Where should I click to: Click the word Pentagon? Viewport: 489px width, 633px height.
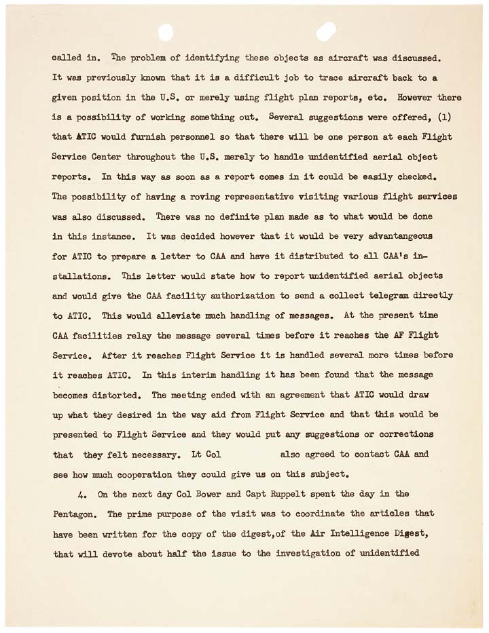[75, 514]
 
